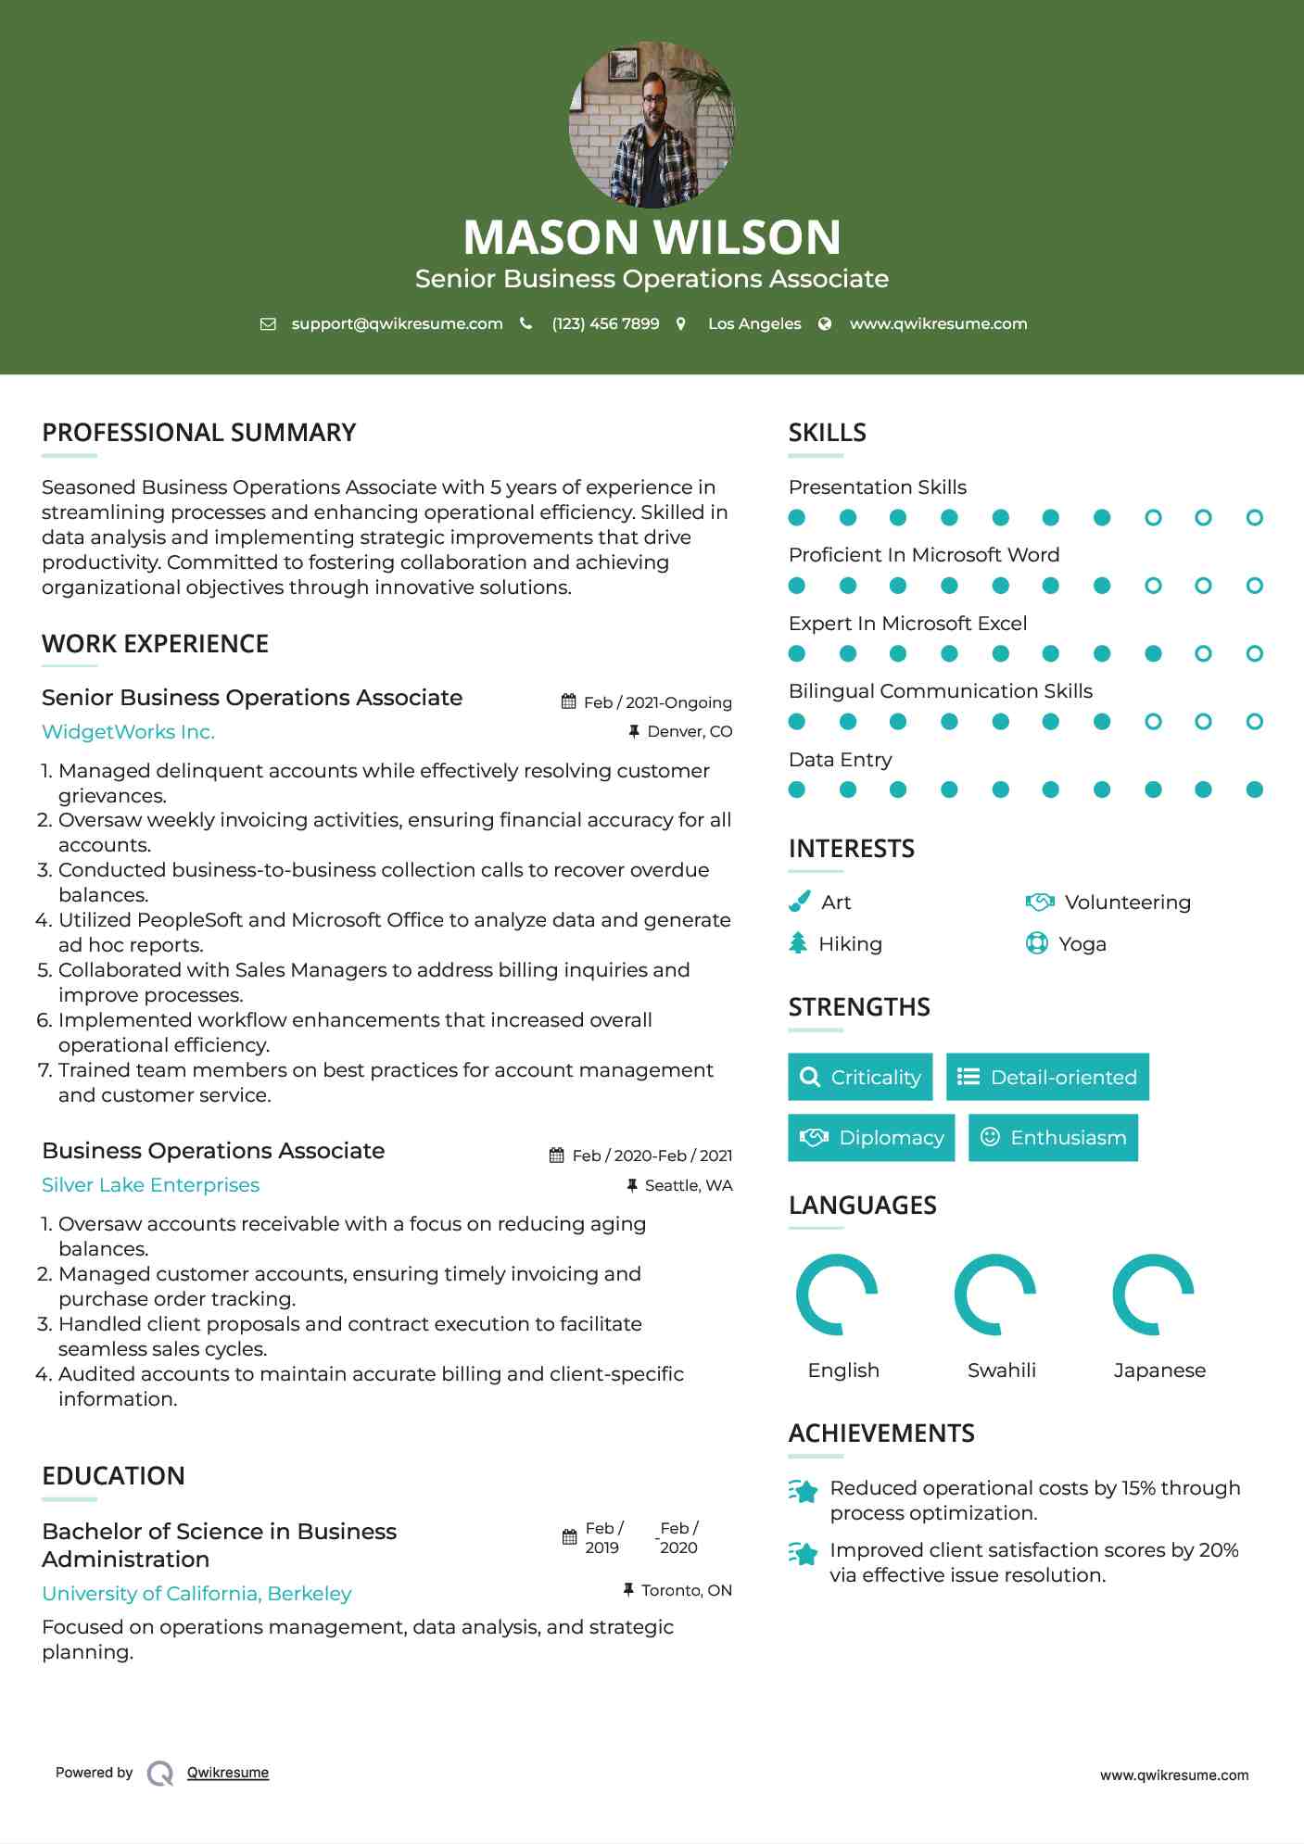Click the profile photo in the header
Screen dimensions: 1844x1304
(652, 124)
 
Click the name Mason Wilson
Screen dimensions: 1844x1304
(652, 237)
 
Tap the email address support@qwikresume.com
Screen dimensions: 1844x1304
(397, 323)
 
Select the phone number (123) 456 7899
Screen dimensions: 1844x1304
(605, 323)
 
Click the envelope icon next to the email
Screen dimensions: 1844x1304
(268, 323)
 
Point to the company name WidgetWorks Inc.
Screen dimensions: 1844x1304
(128, 732)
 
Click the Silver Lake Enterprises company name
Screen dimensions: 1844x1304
(150, 1185)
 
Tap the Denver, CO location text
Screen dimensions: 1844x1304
(689, 731)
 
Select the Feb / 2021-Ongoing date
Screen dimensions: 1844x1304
(657, 702)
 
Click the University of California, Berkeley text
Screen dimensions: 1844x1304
(196, 1594)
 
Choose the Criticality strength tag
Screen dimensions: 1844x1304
(860, 1077)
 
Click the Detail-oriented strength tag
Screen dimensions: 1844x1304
(1047, 1077)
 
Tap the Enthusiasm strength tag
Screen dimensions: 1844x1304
(1053, 1138)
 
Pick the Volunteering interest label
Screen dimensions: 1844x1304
(1127, 903)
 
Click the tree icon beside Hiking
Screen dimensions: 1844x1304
(798, 943)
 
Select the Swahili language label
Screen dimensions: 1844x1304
(1001, 1370)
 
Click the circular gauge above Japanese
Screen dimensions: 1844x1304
(1153, 1295)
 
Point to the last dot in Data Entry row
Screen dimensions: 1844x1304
(1254, 789)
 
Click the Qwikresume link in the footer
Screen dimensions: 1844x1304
(228, 1773)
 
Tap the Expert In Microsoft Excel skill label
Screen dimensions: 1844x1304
(907, 624)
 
